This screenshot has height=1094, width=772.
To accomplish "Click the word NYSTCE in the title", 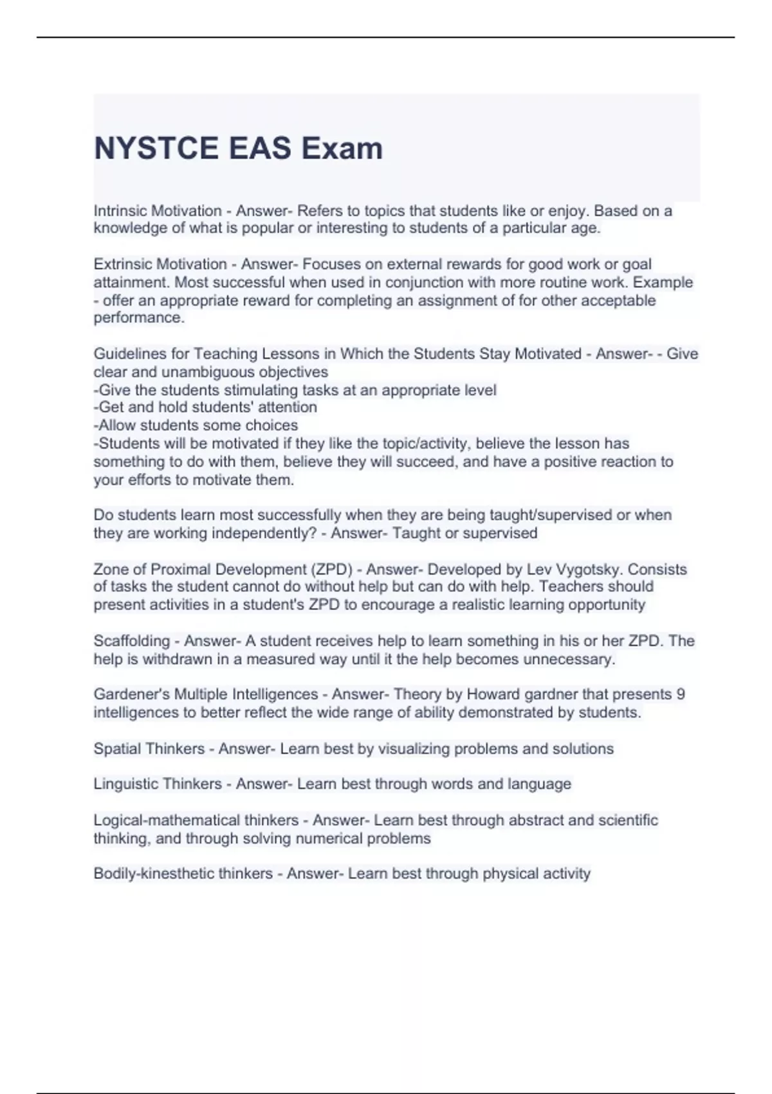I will (x=156, y=149).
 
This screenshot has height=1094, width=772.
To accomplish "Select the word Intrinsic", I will (x=120, y=211).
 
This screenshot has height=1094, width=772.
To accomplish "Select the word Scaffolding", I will (x=132, y=641).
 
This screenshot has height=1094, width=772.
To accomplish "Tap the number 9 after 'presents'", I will (x=681, y=694).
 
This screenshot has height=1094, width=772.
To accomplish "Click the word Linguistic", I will (x=125, y=784).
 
